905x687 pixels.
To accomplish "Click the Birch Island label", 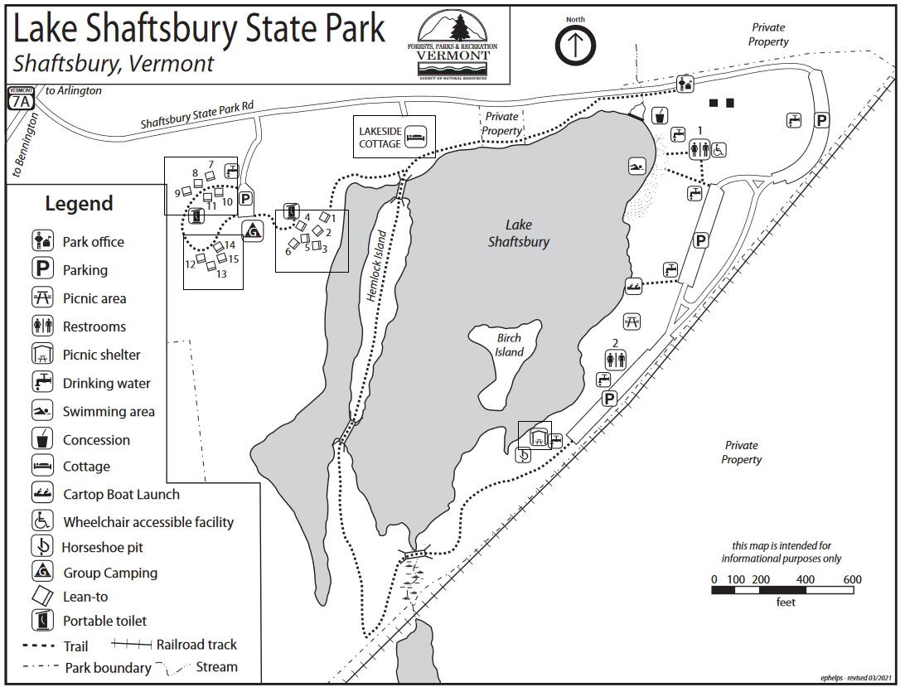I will click(510, 345).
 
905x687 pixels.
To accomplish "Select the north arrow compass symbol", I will click(575, 46).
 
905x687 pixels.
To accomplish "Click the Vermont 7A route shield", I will click(21, 99).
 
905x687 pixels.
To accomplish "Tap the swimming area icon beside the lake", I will click(636, 167).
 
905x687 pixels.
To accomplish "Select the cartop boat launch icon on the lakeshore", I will click(633, 287).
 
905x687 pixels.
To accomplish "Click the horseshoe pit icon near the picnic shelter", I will click(524, 454).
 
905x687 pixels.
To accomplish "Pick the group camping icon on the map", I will click(252, 230).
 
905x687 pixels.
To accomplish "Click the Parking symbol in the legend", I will click(42, 269).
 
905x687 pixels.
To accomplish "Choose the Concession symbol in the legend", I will click(42, 438).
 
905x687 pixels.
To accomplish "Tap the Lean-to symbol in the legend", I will click(42, 596).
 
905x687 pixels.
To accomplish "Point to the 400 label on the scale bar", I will click(805, 579).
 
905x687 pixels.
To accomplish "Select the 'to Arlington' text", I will click(74, 90).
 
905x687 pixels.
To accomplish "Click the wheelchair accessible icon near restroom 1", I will click(719, 150).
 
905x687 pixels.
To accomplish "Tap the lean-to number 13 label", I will click(221, 273).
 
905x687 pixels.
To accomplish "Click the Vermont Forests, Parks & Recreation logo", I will click(453, 45).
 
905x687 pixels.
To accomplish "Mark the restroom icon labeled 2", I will click(616, 359).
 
